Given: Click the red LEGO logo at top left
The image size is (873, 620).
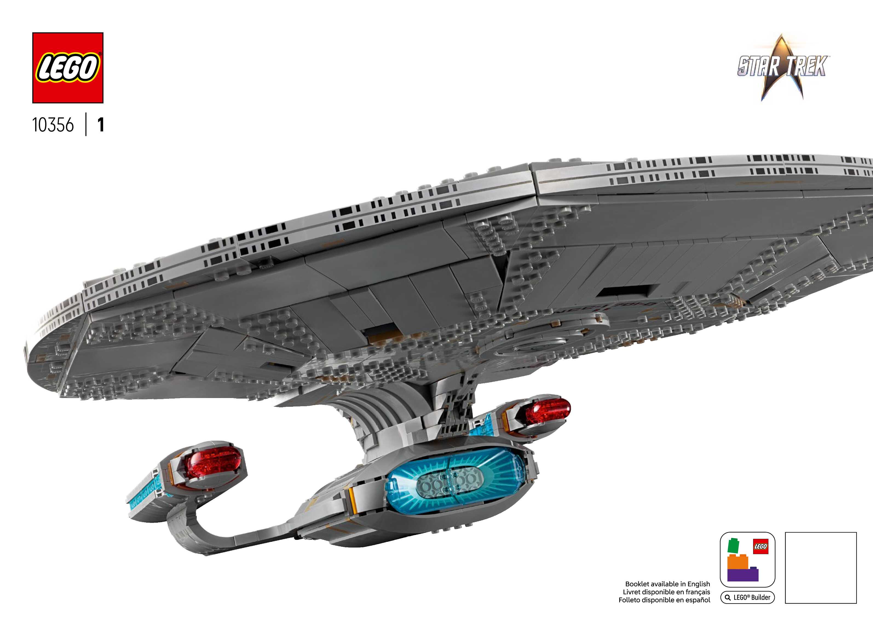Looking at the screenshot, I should [68, 68].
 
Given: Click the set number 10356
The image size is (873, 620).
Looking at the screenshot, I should [53, 125].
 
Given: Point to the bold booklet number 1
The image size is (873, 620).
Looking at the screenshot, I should [100, 125].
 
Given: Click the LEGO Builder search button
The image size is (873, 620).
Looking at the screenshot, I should [747, 598].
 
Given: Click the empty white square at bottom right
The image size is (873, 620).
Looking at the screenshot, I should [821, 568].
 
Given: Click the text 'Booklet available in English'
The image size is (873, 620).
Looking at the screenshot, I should [667, 584].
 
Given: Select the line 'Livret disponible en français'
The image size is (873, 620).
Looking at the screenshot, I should [666, 592].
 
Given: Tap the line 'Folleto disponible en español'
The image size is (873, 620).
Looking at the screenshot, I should [664, 600].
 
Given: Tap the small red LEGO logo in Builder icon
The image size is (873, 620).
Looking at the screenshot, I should [760, 546].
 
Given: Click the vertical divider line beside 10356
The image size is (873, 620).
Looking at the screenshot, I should [86, 124].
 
